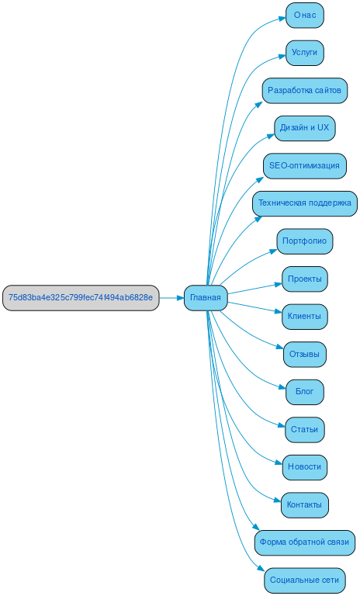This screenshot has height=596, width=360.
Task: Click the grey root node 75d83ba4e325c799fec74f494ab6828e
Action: point(81,298)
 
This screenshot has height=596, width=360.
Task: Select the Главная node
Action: point(206,298)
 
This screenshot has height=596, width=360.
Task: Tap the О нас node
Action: point(305,15)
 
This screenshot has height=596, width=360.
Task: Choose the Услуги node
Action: point(305,53)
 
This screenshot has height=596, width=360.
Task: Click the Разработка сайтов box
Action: point(304,90)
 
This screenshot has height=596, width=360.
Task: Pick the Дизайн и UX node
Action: point(305,128)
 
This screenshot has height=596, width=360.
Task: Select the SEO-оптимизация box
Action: point(304,166)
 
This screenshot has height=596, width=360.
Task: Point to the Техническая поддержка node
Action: point(304,203)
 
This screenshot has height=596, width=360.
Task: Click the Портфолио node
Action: point(305,241)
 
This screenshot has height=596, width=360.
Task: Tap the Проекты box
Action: point(305,279)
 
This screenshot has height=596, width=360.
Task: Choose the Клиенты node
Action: point(305,317)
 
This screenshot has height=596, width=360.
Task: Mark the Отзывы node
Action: point(305,355)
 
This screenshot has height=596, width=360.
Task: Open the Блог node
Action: point(305,392)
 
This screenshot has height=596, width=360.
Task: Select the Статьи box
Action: point(305,430)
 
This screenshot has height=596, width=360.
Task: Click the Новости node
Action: point(305,467)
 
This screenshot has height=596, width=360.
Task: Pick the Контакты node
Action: point(305,505)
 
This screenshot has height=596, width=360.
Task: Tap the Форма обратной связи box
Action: point(304,542)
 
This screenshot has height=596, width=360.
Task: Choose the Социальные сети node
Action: point(304,580)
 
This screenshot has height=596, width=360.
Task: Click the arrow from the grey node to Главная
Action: point(171,298)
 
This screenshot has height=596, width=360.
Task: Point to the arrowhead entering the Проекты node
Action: point(279,284)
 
